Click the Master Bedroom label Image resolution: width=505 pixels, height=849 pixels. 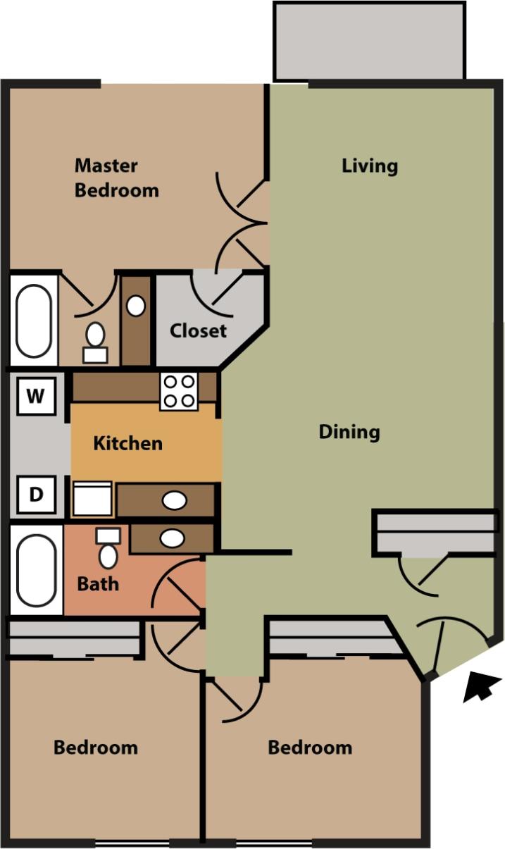pos(116,178)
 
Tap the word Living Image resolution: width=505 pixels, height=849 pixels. pos(370,166)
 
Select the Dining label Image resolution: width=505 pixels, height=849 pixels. pos(349,431)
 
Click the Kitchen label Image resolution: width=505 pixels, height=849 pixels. pos(127,443)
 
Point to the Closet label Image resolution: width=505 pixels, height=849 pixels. pos(198,330)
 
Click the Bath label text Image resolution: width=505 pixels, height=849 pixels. pos(98,583)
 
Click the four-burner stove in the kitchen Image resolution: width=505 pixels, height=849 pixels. pos(178,392)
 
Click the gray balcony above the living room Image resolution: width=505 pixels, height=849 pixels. pos(369,41)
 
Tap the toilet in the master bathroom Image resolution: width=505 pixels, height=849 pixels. pos(95,341)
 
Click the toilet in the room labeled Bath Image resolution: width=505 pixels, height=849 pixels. pos(108,550)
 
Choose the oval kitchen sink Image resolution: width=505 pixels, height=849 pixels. pos(174,501)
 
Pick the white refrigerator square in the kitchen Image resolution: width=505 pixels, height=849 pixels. pos(92,499)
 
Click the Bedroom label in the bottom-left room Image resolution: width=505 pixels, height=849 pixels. pos(96,747)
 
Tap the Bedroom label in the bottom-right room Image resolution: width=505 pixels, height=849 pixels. pos(310,747)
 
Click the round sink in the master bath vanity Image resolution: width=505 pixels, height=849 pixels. pos(136,306)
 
